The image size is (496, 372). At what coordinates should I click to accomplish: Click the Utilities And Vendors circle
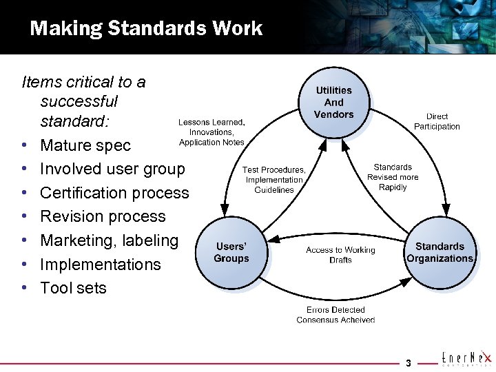pyautogui.click(x=333, y=102)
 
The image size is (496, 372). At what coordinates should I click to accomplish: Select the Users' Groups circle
pyautogui.click(x=231, y=252)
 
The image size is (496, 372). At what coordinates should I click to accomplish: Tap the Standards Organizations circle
pyautogui.click(x=440, y=252)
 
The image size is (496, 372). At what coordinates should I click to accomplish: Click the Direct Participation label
pyautogui.click(x=437, y=122)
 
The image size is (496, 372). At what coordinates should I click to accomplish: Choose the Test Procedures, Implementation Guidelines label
pyautogui.click(x=274, y=180)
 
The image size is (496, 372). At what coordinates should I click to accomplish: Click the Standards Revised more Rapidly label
pyautogui.click(x=393, y=177)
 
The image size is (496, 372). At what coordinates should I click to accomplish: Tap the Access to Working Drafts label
pyautogui.click(x=340, y=255)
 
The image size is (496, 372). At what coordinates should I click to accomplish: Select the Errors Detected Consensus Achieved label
pyautogui.click(x=335, y=315)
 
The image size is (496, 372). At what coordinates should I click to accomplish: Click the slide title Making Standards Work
pyautogui.click(x=146, y=28)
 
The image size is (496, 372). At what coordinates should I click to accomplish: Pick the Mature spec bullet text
pyautogui.click(x=85, y=145)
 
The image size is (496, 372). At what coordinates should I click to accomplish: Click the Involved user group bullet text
pyautogui.click(x=113, y=169)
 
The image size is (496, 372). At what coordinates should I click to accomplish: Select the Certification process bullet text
pyautogui.click(x=114, y=193)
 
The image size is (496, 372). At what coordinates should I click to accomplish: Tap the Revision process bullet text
pyautogui.click(x=103, y=216)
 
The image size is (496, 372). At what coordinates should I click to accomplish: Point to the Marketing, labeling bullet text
pyautogui.click(x=110, y=240)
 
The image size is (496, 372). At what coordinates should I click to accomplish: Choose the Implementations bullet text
pyautogui.click(x=101, y=265)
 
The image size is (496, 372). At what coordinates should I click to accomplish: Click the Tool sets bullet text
pyautogui.click(x=74, y=288)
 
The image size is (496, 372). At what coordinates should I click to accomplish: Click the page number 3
pyautogui.click(x=408, y=363)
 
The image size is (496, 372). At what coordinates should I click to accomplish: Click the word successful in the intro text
pyautogui.click(x=79, y=102)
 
